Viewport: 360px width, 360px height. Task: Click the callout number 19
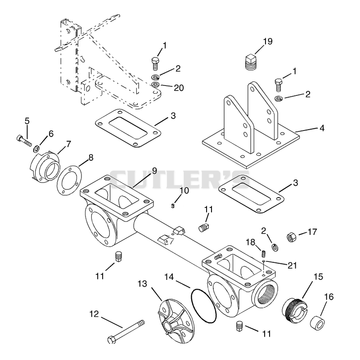[x=268, y=41]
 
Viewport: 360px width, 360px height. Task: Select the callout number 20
[x=179, y=88]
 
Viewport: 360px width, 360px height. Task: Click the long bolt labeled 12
[x=126, y=332]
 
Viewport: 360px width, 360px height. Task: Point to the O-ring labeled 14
[x=203, y=306]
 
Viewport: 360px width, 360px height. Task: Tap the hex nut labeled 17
[x=292, y=237]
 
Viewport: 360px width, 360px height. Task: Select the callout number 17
[x=312, y=232]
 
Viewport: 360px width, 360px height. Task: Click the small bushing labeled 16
[x=318, y=322]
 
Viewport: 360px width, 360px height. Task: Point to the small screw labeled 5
[x=24, y=140]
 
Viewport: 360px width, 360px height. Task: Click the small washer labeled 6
[x=36, y=149]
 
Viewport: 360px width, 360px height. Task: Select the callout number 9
[x=154, y=171]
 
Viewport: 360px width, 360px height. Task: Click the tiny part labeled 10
[x=173, y=206]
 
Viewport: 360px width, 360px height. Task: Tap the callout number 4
[x=322, y=128]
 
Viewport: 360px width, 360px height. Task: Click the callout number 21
[x=292, y=265]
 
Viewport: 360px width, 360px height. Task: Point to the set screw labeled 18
[x=264, y=254]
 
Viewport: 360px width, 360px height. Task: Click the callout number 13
[x=142, y=284]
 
